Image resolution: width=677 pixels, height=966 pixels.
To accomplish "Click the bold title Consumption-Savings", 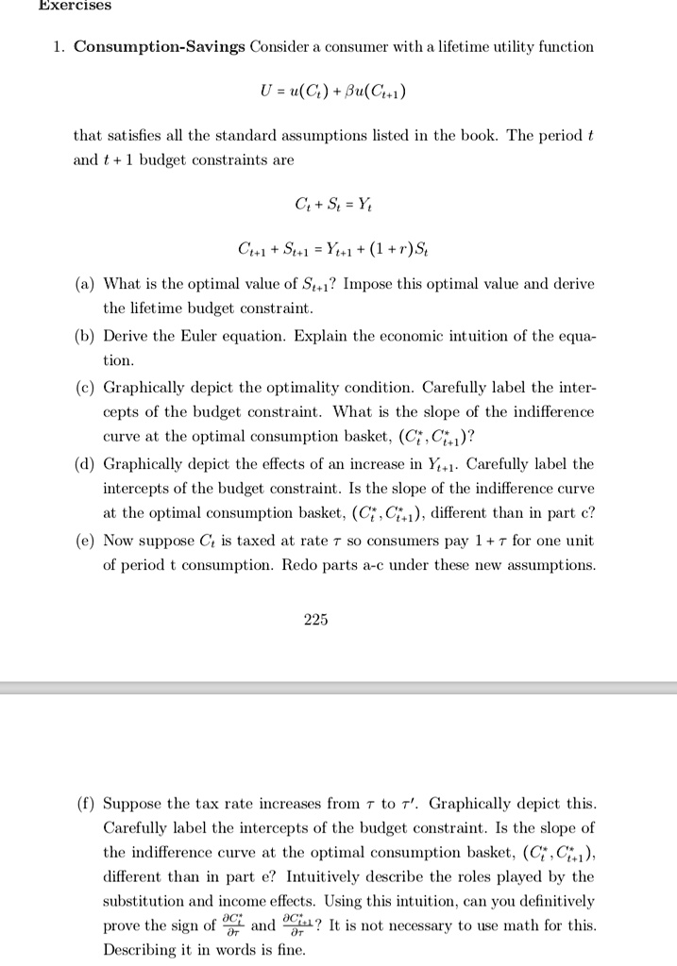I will [160, 46].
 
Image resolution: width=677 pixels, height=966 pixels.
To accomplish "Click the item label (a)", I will [85, 283].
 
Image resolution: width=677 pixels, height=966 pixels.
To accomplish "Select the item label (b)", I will [85, 336].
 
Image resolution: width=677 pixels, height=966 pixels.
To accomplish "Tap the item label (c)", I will [85, 388].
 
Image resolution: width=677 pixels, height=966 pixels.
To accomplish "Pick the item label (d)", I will [85, 464].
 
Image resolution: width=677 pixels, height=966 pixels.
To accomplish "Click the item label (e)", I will [85, 541].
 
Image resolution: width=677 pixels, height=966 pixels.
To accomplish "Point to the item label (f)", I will [85, 804].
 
